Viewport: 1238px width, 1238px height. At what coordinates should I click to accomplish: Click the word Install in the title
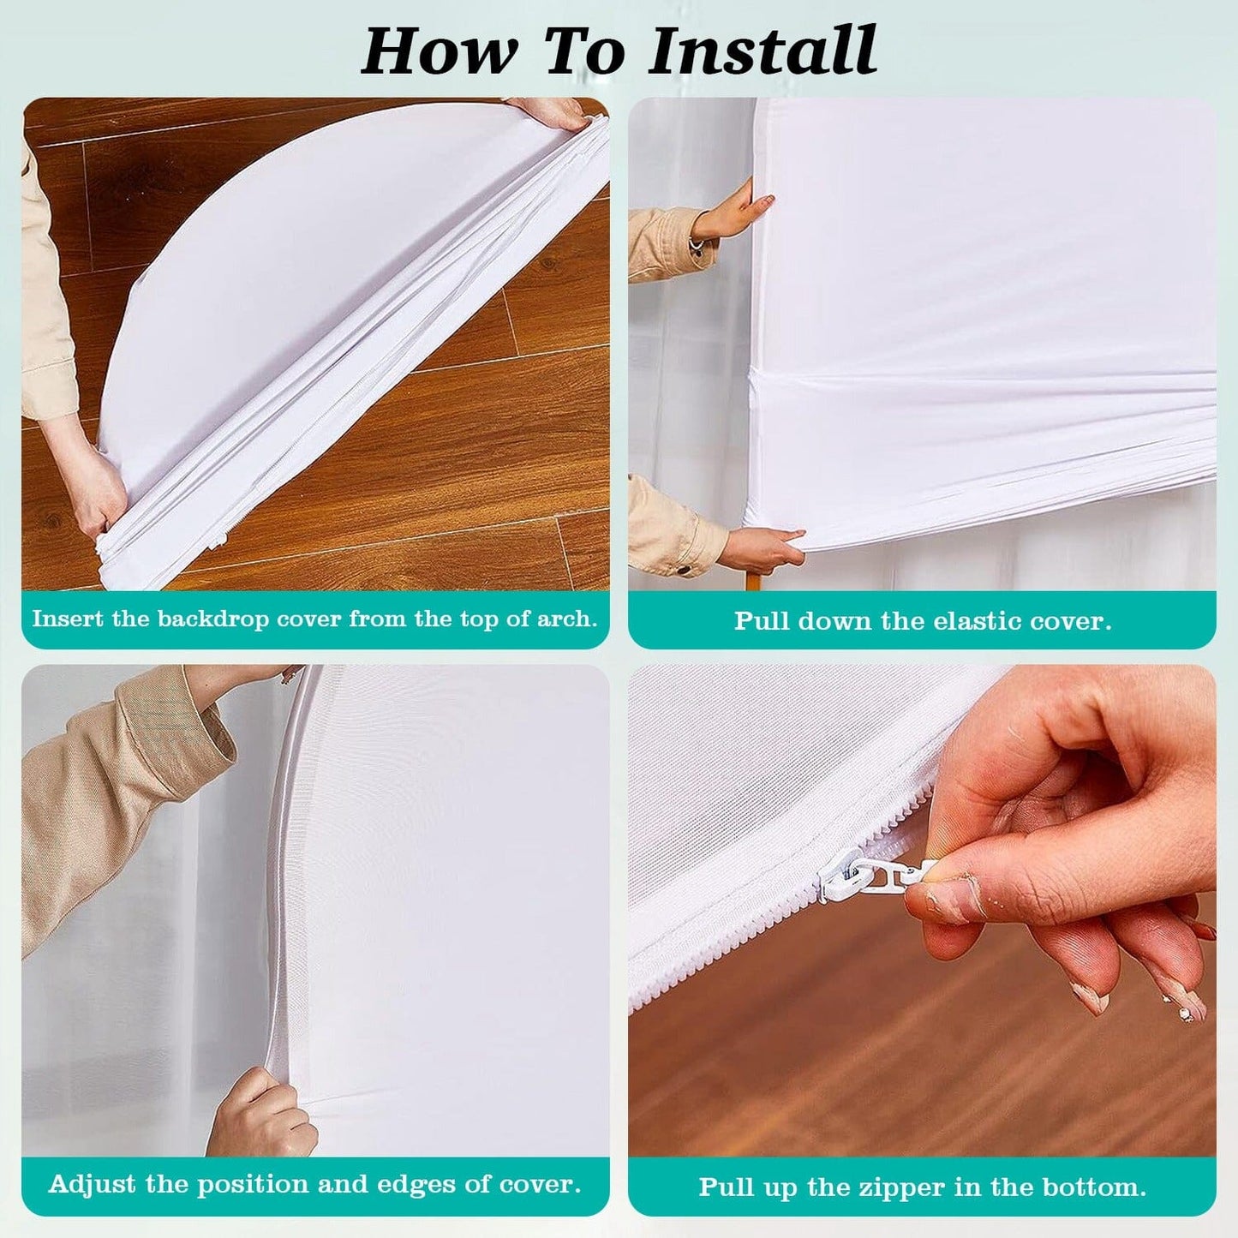tap(763, 51)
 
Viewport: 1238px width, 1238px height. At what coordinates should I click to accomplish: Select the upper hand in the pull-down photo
tap(737, 210)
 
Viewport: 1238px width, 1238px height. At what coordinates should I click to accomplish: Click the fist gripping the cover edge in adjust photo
tap(261, 1114)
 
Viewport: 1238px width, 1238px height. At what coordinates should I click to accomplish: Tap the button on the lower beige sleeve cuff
tap(684, 568)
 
